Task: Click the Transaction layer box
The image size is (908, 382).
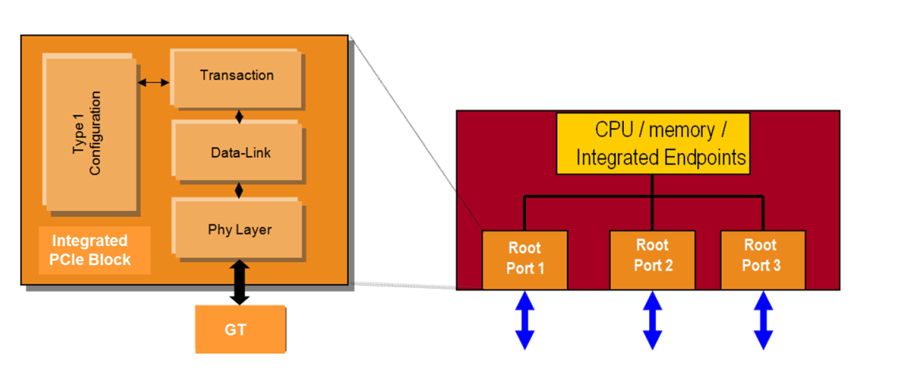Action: click(x=237, y=77)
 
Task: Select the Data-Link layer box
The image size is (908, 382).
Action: click(x=237, y=153)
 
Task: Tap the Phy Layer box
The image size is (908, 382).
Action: click(x=237, y=230)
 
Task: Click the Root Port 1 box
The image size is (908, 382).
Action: click(x=525, y=259)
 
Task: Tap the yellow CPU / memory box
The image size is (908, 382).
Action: click(x=653, y=143)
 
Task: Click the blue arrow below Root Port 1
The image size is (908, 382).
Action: click(x=525, y=319)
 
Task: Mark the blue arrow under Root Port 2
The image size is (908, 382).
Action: click(x=652, y=319)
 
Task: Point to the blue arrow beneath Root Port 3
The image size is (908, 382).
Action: click(x=763, y=319)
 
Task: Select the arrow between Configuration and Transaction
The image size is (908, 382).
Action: click(x=154, y=82)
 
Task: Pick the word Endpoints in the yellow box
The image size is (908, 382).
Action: click(x=704, y=157)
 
